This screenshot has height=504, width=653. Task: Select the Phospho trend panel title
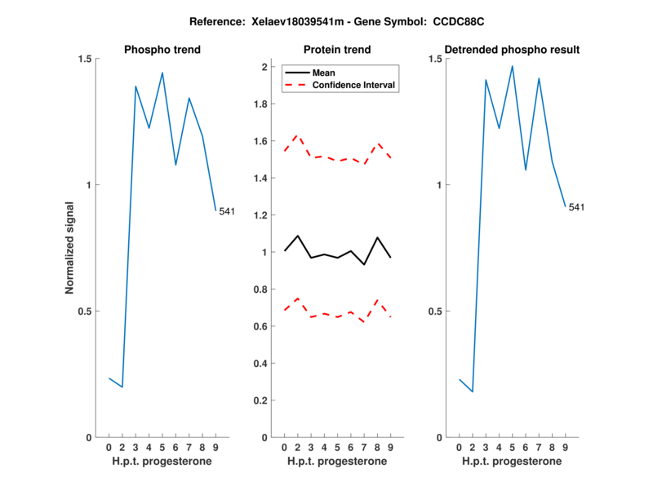(162, 50)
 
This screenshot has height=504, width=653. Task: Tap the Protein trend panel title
(337, 50)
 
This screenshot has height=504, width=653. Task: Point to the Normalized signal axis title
(70, 248)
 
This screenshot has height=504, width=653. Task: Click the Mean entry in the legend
(324, 73)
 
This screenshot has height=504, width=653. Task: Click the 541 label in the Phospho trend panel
(227, 212)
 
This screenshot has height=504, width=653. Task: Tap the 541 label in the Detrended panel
(576, 207)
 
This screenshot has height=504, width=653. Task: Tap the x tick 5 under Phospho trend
(162, 447)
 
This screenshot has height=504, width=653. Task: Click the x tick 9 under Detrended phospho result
(565, 447)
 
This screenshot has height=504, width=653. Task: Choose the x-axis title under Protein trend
(337, 461)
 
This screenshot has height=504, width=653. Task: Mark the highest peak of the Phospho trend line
(162, 73)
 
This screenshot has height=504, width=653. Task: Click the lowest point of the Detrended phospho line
(472, 392)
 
